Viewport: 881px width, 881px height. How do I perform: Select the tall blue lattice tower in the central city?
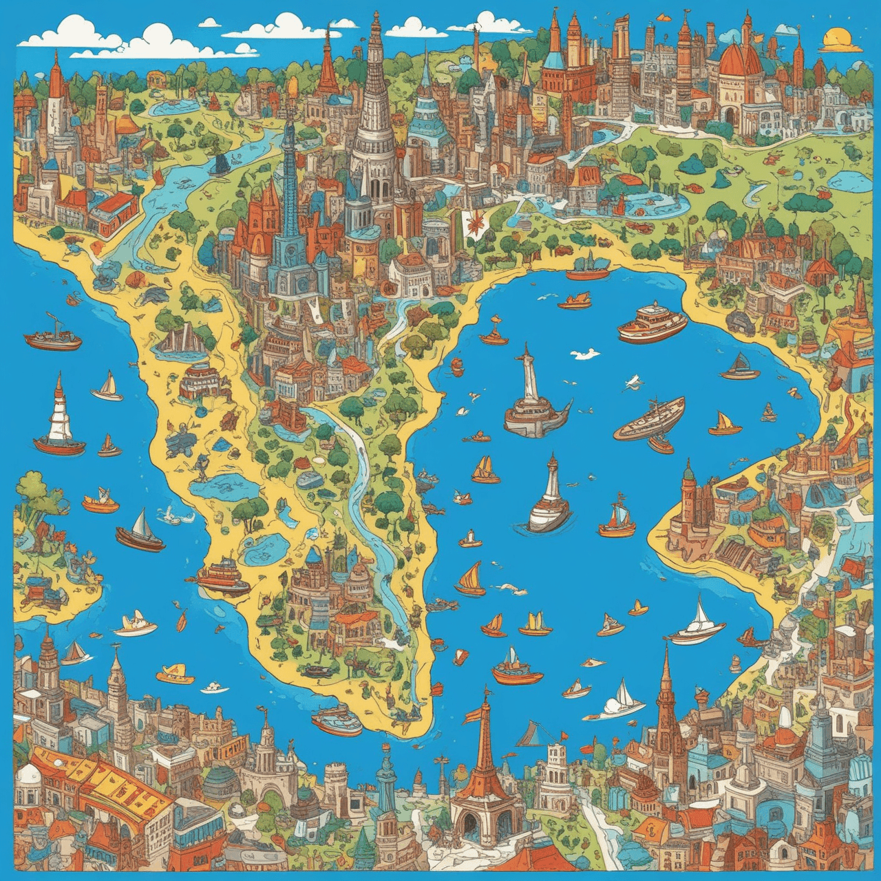[288, 200]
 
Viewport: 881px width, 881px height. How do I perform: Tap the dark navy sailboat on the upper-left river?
[220, 164]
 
